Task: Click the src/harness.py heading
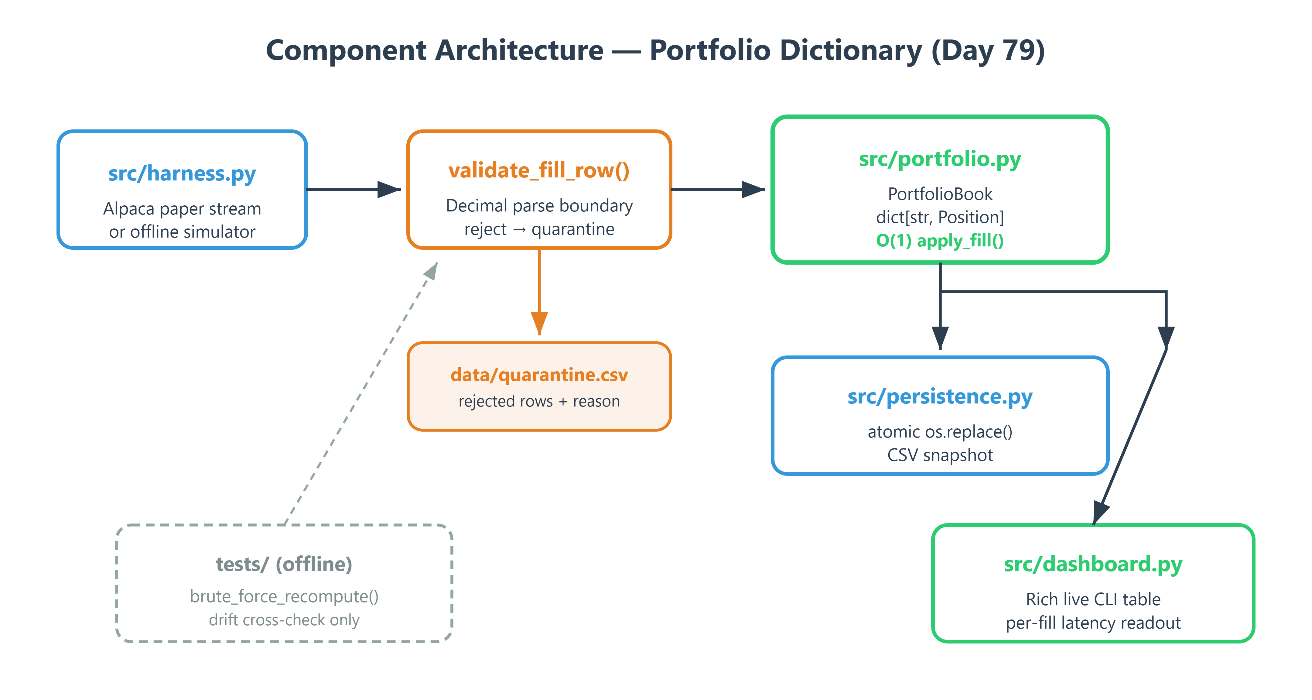182,174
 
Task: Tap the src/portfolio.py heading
940,159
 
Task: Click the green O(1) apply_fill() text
940,240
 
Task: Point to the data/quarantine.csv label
539,375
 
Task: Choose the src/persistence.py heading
940,396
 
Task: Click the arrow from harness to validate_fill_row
354,190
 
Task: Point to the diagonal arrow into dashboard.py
1130,437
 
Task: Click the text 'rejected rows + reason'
539,401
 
